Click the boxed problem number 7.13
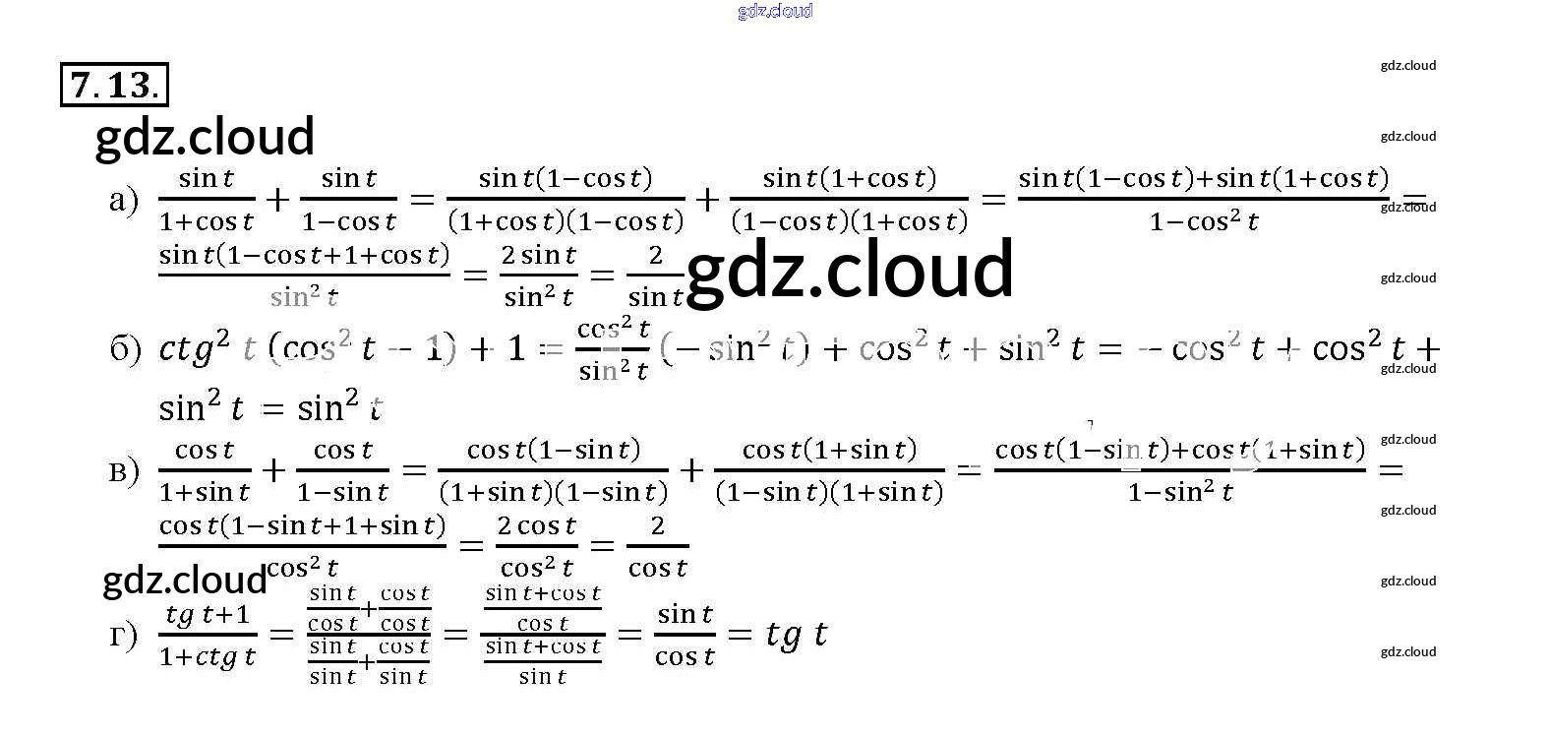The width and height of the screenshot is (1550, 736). click(114, 85)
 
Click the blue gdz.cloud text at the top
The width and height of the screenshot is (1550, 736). click(775, 11)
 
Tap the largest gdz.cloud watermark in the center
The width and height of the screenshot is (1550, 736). click(850, 270)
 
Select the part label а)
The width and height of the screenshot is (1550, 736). click(124, 200)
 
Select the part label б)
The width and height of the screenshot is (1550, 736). click(125, 349)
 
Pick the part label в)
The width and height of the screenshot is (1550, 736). click(124, 470)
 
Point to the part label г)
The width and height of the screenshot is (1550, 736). click(124, 635)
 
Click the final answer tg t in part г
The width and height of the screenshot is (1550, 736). click(796, 635)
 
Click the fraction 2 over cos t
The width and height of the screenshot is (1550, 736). click(657, 547)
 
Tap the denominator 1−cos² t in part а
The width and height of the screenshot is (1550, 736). click(1203, 222)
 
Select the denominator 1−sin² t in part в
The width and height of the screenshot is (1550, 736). click(1179, 491)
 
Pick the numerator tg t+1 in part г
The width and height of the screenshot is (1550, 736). click(208, 615)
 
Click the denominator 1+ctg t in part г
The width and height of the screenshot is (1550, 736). click(208, 656)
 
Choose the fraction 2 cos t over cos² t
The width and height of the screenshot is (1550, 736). click(537, 547)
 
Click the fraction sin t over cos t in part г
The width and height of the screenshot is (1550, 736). click(685, 635)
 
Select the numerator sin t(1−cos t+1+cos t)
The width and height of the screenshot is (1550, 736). click(304, 256)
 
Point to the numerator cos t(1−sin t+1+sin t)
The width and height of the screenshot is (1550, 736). click(302, 525)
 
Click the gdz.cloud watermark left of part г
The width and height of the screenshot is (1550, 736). click(184, 581)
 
